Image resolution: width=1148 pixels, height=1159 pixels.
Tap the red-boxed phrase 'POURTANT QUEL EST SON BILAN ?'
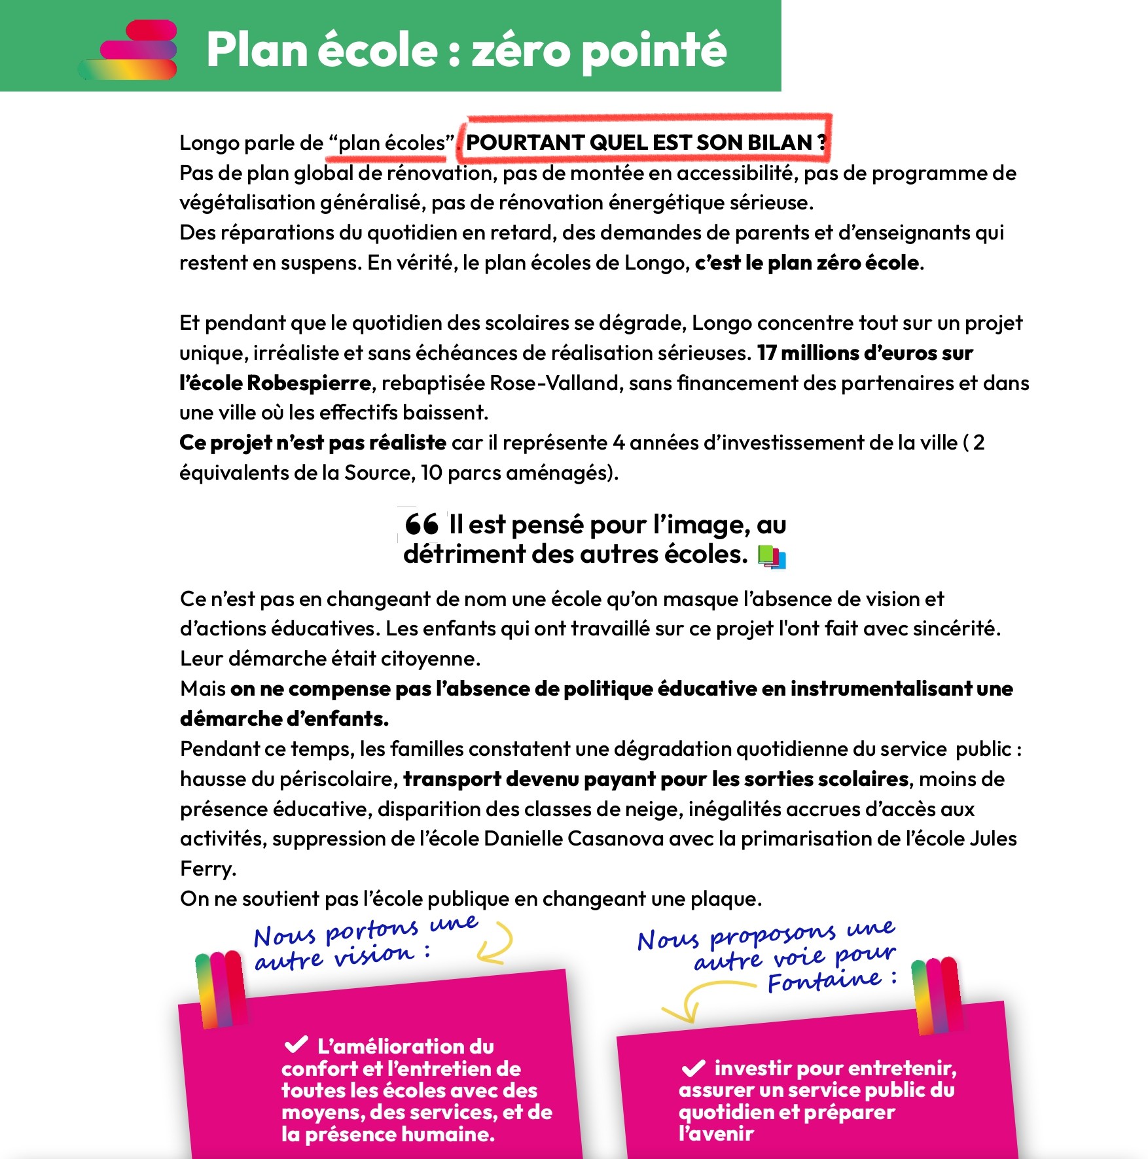point(645,142)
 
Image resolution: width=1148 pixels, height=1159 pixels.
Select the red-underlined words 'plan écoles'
point(391,143)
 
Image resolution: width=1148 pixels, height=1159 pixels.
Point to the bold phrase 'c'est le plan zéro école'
point(807,263)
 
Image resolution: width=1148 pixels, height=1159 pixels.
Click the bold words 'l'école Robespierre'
point(275,383)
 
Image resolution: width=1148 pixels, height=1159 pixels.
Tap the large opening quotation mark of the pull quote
point(422,524)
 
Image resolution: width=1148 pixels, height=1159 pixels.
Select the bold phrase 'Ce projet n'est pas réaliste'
point(313,443)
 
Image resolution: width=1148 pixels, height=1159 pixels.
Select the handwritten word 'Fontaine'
point(825,981)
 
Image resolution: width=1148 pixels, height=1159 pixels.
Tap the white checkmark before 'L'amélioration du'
point(296,1044)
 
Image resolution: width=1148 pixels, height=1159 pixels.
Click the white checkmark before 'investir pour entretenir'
point(693,1069)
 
